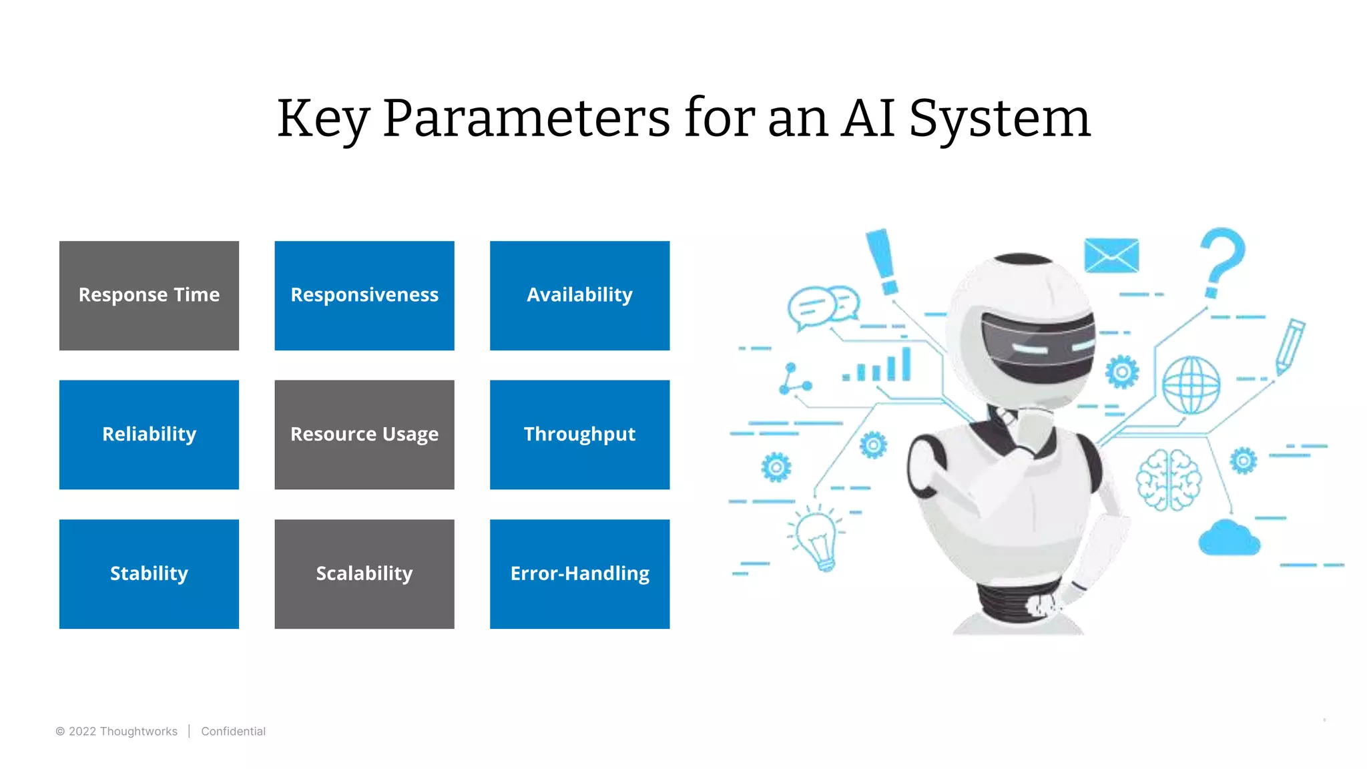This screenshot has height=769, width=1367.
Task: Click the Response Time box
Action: [x=149, y=295]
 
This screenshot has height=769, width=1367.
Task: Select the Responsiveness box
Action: [x=364, y=295]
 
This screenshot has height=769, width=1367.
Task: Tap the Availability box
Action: [x=579, y=295]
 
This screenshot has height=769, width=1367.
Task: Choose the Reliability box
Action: [x=149, y=435]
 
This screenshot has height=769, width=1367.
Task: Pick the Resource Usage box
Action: [x=364, y=435]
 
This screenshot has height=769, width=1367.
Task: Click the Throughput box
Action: [x=579, y=435]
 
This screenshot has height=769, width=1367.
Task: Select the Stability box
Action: [x=149, y=573]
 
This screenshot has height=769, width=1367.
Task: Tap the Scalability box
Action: [x=364, y=573]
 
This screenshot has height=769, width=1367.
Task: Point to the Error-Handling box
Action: [x=579, y=573]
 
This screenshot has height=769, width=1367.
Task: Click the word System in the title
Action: [x=999, y=119]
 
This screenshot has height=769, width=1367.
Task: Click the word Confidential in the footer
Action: [x=233, y=732]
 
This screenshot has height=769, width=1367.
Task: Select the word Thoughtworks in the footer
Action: [x=138, y=732]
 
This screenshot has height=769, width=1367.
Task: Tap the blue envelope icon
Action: [x=1111, y=255]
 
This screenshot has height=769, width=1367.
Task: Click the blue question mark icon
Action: [x=1221, y=260]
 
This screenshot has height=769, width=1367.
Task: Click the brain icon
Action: [x=1168, y=479]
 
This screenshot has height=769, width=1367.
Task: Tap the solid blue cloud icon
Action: [x=1229, y=538]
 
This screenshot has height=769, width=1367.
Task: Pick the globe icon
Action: [x=1191, y=385]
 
